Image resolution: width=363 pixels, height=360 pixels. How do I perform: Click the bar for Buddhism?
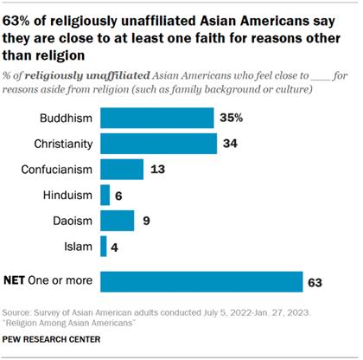click(157, 118)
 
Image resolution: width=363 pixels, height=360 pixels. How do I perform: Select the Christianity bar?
click(156, 144)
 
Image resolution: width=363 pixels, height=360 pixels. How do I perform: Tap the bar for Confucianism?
click(122, 170)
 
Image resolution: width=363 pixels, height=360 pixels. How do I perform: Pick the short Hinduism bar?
click(105, 196)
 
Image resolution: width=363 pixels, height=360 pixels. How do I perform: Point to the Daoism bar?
click(117, 222)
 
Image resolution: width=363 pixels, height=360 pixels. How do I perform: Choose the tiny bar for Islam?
click(104, 247)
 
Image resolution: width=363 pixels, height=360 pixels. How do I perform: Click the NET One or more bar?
click(201, 282)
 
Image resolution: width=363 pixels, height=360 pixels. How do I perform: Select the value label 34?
click(228, 144)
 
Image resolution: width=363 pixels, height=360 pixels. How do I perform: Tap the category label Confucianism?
click(56, 170)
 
